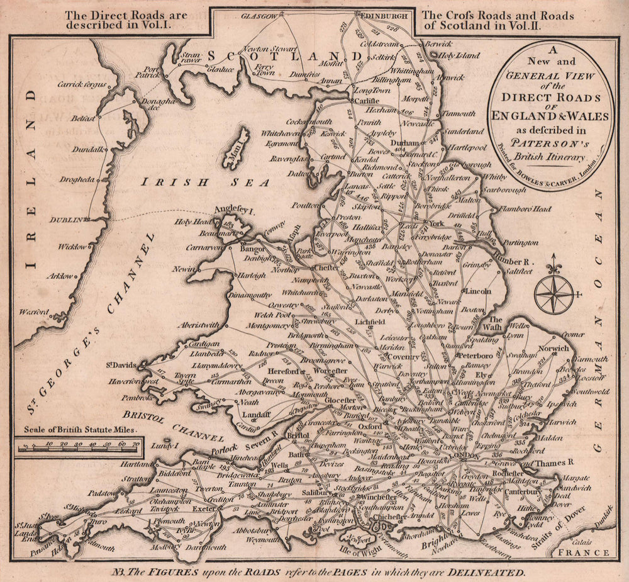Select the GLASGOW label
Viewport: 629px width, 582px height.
coord(259,14)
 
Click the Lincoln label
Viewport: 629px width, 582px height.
coord(479,291)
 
